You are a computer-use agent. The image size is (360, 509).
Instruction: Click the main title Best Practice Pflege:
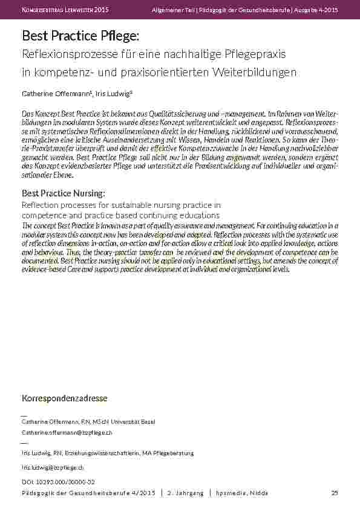coord(77,37)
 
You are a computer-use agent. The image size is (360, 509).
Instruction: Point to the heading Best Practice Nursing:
coord(64,193)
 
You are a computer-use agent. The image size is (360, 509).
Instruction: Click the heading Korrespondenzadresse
coord(65,398)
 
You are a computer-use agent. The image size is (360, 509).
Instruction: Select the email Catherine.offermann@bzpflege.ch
coord(67,433)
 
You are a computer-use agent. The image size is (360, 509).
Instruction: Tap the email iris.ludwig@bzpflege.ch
coord(53,468)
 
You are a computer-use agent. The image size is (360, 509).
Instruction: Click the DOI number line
coord(58,481)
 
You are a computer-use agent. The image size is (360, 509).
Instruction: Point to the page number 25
coord(334,493)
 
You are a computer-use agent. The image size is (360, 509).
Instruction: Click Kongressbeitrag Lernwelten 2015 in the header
coord(65,10)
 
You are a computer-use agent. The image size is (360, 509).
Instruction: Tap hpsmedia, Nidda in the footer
coord(241,493)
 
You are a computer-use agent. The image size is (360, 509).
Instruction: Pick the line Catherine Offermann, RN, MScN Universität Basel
coord(89,421)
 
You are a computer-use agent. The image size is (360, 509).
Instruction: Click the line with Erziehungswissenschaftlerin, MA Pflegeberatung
coord(107,453)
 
